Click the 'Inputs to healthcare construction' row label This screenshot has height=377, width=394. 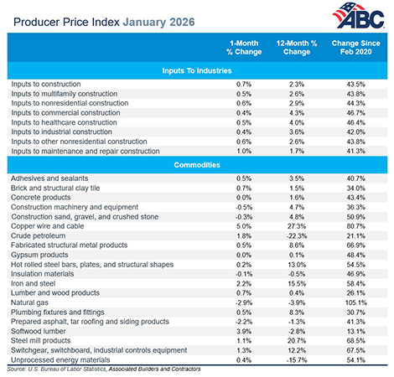click(x=62, y=121)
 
